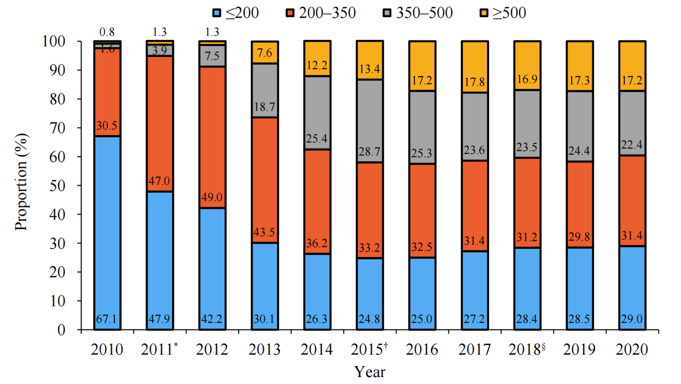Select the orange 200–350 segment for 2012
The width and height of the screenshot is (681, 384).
click(212, 136)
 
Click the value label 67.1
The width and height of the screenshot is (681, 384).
click(106, 319)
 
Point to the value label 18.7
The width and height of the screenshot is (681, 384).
click(264, 107)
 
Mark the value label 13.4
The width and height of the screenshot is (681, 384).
click(369, 69)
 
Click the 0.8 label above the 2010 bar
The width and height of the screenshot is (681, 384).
click(107, 32)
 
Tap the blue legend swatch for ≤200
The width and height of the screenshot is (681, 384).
click(217, 13)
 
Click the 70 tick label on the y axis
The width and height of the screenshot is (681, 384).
click(57, 128)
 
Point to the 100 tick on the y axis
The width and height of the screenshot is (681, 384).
click(54, 41)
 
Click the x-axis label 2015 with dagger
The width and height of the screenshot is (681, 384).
click(369, 349)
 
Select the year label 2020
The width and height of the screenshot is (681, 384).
click(632, 349)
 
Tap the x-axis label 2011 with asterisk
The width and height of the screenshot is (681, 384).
click(159, 349)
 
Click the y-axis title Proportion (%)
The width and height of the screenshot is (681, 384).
click(21, 182)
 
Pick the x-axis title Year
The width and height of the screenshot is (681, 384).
click(369, 372)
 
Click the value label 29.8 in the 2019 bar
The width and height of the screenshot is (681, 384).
click(579, 236)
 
